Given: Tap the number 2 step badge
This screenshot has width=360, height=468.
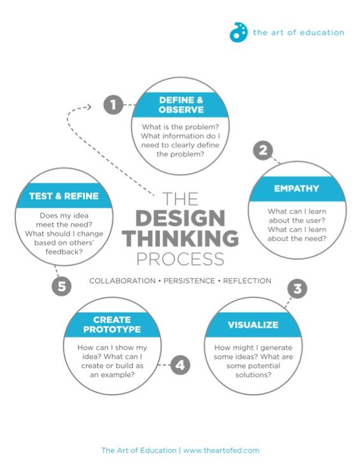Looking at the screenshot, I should [262, 151].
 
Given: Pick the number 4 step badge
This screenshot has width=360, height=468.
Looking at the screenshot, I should [180, 366].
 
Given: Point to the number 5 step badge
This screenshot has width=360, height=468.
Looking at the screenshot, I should [61, 286].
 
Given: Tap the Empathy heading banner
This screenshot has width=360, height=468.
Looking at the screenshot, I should [296, 188].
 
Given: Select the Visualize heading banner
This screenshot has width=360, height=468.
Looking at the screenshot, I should [253, 325].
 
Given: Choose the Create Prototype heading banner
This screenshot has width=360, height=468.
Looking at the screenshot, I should [112, 324].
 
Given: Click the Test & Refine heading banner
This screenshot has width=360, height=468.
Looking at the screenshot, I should [63, 196].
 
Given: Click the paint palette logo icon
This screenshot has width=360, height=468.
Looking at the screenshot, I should [238, 32].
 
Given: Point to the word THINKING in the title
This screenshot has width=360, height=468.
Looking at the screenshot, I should [180, 239].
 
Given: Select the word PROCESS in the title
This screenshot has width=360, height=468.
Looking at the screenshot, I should [181, 259].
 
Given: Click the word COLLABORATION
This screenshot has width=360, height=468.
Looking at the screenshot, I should [121, 281].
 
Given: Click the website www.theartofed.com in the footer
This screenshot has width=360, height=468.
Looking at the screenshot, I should [221, 450].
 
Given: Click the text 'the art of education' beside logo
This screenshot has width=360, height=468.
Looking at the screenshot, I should [298, 33].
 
